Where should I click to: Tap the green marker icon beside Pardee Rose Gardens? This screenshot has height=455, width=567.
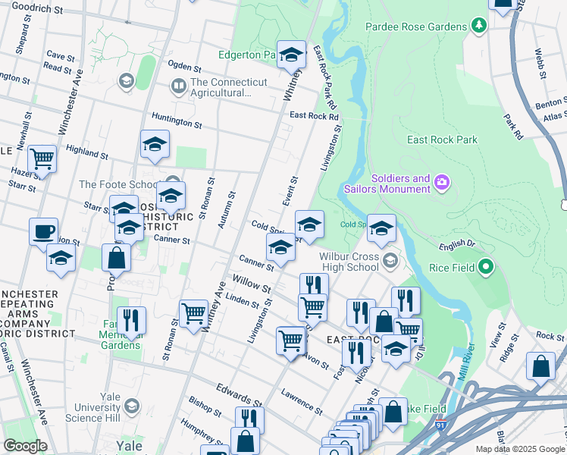point(478,27)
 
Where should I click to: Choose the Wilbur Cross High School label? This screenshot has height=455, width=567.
point(343,262)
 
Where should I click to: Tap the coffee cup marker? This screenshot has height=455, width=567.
point(44,231)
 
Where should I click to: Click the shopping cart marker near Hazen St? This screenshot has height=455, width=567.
point(42,159)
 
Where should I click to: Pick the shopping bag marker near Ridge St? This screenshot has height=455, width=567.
point(541,366)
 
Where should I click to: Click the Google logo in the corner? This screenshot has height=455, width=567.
point(24,446)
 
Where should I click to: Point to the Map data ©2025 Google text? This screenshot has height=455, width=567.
point(520,449)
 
